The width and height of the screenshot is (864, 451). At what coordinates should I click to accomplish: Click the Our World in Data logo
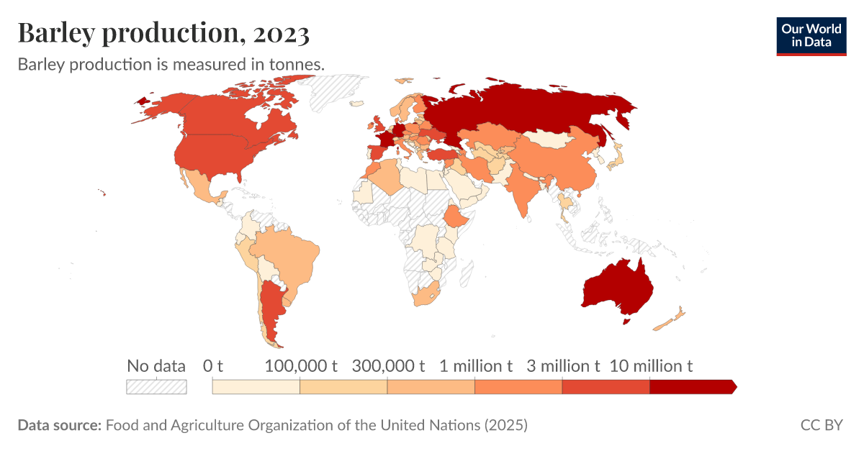tap(811, 35)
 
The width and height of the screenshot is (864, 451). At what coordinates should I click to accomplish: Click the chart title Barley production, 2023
tap(163, 32)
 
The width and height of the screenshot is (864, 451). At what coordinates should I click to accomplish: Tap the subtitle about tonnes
tap(171, 64)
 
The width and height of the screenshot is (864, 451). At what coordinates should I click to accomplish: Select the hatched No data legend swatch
tap(156, 387)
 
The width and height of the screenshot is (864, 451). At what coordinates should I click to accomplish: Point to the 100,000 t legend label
tap(301, 366)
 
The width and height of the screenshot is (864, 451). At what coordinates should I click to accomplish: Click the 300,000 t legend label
tap(388, 366)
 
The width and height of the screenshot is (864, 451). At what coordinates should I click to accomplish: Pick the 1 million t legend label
tap(476, 366)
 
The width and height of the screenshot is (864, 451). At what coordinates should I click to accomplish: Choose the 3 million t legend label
tap(563, 366)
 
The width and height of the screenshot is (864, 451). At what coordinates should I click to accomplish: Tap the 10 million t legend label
tap(651, 366)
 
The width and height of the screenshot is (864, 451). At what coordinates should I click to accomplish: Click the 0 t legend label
tap(212, 366)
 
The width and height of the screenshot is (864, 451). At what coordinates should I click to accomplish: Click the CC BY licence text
tap(822, 425)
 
